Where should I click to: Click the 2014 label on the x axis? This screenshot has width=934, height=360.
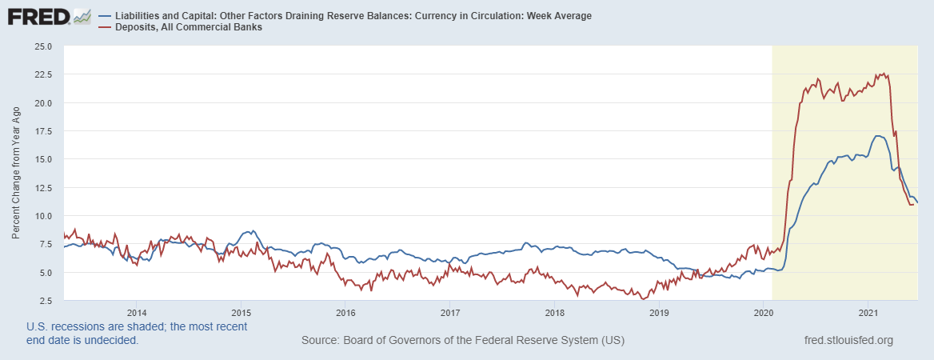(x=136, y=312)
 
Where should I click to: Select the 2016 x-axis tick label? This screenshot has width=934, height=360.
(x=345, y=312)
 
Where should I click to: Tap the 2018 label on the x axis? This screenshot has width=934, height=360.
(x=554, y=312)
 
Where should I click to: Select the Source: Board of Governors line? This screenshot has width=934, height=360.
(x=463, y=341)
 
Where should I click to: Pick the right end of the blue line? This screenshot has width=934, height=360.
(x=917, y=202)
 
